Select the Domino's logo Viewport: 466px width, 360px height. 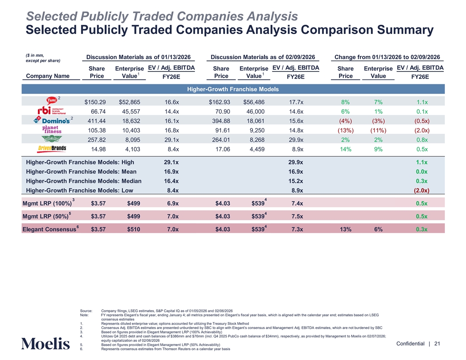click(x=52, y=120)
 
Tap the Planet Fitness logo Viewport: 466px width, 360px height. click(x=52, y=130)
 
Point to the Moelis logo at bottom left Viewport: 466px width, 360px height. click(x=45, y=343)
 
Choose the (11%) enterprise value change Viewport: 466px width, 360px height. click(x=378, y=130)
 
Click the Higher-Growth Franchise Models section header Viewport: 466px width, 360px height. click(x=233, y=90)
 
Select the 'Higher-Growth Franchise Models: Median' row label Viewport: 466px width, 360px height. click(x=84, y=181)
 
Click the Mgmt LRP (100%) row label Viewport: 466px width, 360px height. click(x=46, y=203)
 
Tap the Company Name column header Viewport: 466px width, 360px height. click(x=48, y=76)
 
